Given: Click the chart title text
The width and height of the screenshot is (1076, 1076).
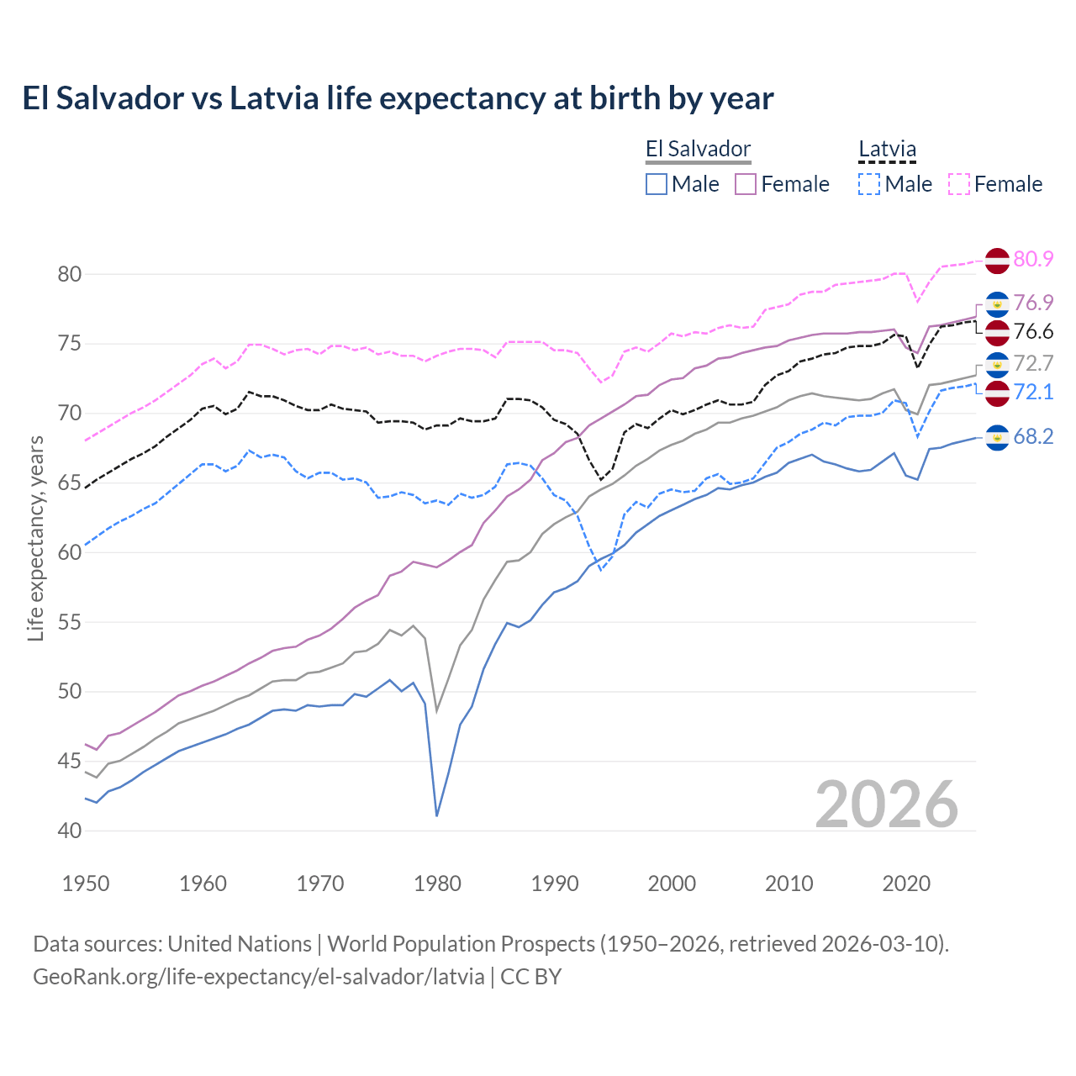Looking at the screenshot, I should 398,98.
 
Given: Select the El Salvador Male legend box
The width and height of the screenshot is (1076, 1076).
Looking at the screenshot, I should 657,184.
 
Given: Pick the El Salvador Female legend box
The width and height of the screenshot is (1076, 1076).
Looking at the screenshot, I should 746,184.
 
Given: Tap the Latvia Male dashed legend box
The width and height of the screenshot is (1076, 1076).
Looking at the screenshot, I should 869,184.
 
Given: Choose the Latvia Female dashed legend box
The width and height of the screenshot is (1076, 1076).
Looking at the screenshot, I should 959,184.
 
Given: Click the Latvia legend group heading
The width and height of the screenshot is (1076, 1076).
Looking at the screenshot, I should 887,150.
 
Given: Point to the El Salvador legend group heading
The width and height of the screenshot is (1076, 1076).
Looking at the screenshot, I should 698,150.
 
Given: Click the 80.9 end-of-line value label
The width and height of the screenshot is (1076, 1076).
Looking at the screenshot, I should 1033,259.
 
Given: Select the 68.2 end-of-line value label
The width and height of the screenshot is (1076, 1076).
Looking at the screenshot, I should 1033,436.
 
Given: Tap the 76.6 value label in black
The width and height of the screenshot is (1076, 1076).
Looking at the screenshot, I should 1033,331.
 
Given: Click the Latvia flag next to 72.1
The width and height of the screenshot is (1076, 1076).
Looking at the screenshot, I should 997,392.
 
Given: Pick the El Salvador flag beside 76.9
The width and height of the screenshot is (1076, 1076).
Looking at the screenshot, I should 997,303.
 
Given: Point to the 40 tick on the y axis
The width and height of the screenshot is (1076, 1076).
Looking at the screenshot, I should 70,831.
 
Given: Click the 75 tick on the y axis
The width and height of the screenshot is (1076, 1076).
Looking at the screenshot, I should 70,344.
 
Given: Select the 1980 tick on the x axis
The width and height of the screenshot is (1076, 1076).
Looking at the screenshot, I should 437,883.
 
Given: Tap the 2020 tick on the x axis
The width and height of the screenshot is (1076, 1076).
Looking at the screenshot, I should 906,883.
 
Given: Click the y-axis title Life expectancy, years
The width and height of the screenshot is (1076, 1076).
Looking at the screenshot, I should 35,538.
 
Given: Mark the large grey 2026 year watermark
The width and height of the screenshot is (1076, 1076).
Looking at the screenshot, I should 887,804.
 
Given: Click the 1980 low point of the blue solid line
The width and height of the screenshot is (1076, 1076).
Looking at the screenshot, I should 437,815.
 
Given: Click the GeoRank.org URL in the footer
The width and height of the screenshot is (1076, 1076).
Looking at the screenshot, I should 259,977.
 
